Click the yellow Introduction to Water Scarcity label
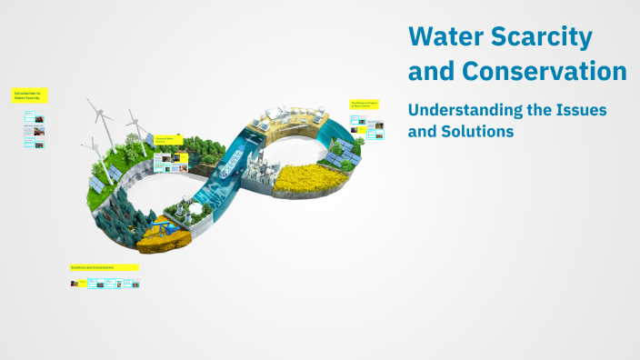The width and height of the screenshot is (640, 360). [x=29, y=95]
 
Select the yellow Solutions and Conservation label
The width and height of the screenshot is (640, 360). [x=104, y=267]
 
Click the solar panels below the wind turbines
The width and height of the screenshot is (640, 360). [x=97, y=184]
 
